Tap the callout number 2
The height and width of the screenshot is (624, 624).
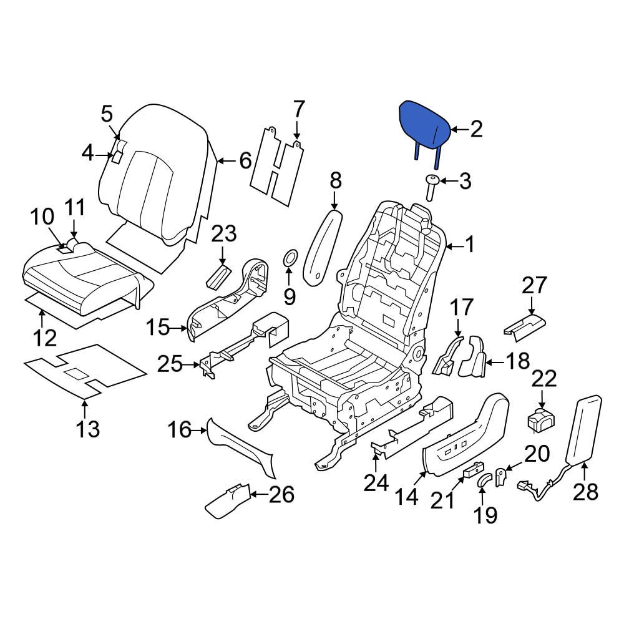click(476, 129)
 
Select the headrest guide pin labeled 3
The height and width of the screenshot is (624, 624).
click(430, 187)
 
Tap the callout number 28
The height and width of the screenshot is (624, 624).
click(585, 492)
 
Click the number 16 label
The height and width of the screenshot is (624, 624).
click(179, 429)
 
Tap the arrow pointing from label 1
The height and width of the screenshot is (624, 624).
click(456, 246)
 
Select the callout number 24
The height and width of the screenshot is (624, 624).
click(376, 482)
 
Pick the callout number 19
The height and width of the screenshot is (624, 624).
click(486, 515)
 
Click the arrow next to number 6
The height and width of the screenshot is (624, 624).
click(224, 161)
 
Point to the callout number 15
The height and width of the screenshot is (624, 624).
click(158, 326)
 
